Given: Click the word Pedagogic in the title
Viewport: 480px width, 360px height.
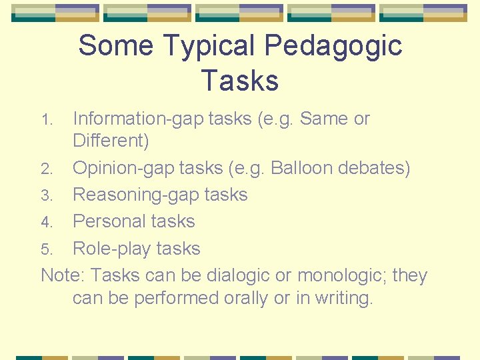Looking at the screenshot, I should (x=333, y=46).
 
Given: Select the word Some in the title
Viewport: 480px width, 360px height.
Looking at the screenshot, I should (x=116, y=46).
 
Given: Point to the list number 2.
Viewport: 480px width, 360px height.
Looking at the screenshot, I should (x=46, y=169).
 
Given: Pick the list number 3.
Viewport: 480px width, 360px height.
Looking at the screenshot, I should (x=46, y=196).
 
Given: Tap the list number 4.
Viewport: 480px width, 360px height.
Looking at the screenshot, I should (x=46, y=223).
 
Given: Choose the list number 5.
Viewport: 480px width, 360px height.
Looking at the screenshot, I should (x=46, y=250).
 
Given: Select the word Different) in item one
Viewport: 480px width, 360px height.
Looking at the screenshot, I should (x=111, y=141).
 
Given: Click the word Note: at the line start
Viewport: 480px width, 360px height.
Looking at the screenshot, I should (x=63, y=275).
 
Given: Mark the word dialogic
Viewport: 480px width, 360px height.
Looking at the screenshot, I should (x=239, y=276).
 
